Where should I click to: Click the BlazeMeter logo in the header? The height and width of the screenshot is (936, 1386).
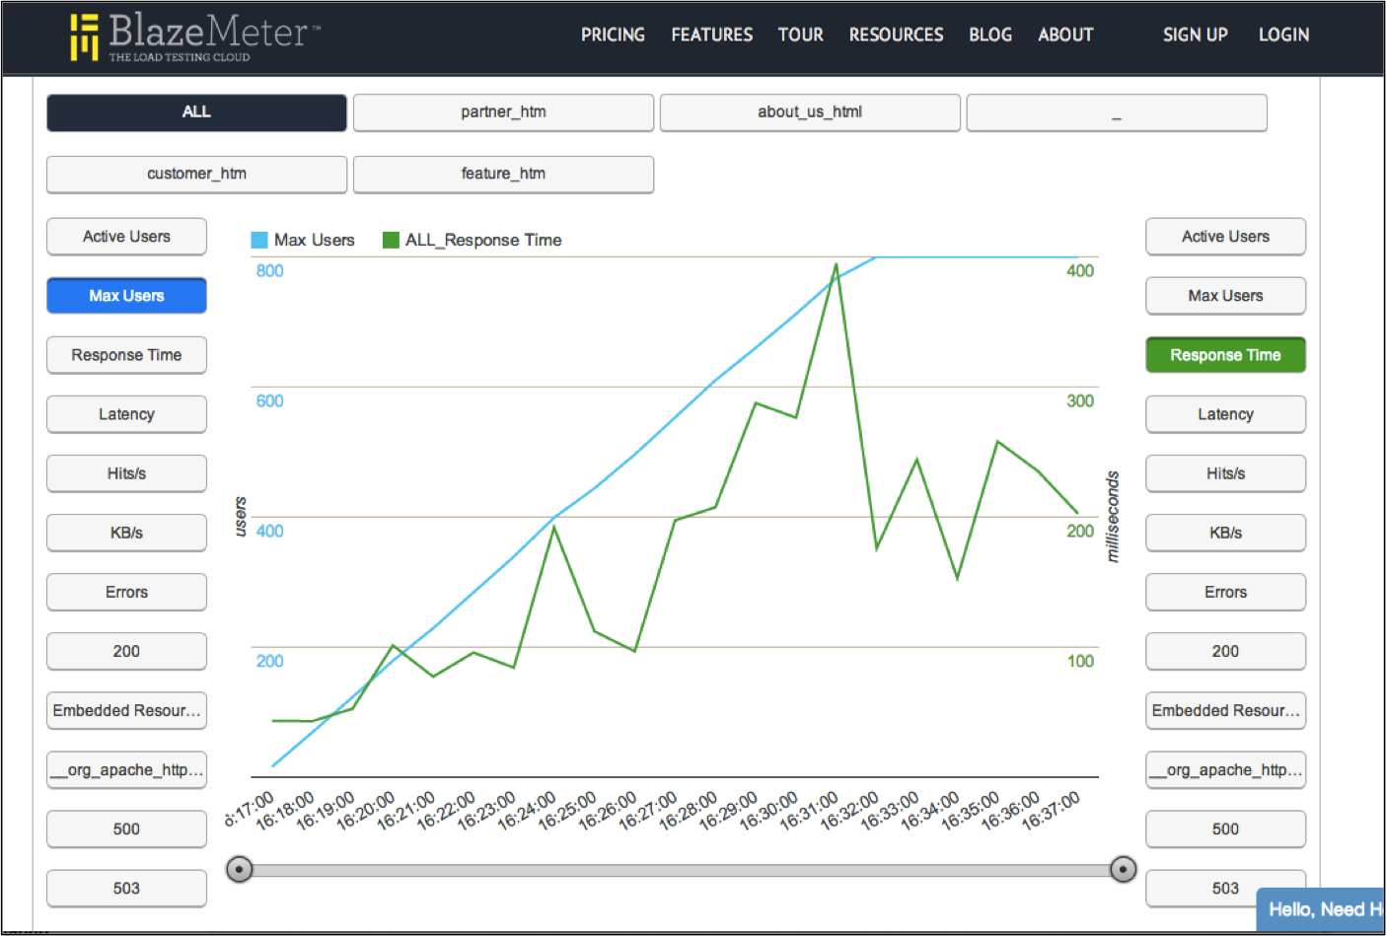(x=194, y=36)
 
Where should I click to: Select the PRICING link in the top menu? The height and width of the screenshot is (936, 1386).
(x=613, y=36)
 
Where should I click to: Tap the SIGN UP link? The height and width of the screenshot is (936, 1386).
(x=1195, y=36)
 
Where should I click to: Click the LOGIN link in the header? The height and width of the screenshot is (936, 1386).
(x=1283, y=36)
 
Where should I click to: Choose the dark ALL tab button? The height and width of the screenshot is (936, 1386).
(x=196, y=112)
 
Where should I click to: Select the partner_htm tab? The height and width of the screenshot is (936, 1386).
(x=503, y=112)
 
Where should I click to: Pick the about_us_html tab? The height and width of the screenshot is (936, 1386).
(x=810, y=112)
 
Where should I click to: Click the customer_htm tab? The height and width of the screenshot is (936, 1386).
(x=196, y=174)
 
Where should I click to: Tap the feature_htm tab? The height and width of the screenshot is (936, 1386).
(x=503, y=174)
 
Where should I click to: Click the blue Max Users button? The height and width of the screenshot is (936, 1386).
(x=126, y=296)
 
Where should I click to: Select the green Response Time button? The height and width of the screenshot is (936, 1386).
(x=1225, y=355)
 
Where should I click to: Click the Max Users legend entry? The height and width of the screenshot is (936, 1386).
(x=303, y=240)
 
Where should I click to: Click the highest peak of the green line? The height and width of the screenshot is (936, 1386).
(x=837, y=264)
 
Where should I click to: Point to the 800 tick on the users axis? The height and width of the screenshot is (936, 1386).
(x=269, y=271)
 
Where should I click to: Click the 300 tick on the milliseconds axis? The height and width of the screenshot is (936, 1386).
(x=1080, y=401)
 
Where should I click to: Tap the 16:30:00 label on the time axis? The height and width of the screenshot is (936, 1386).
(x=769, y=811)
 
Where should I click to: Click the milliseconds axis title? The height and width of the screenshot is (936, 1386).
(x=1113, y=517)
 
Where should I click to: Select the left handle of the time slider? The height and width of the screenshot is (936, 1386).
(x=239, y=869)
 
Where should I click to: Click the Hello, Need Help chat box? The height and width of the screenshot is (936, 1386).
(x=1322, y=909)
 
